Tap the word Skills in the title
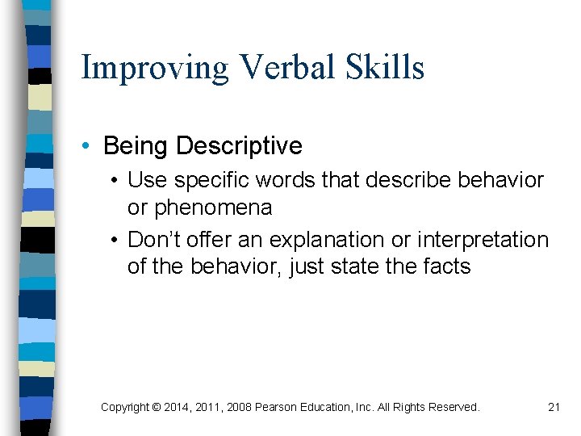pos(386,68)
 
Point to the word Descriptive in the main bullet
pos(239,146)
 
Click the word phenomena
pos(213,208)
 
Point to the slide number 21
pos(554,407)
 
